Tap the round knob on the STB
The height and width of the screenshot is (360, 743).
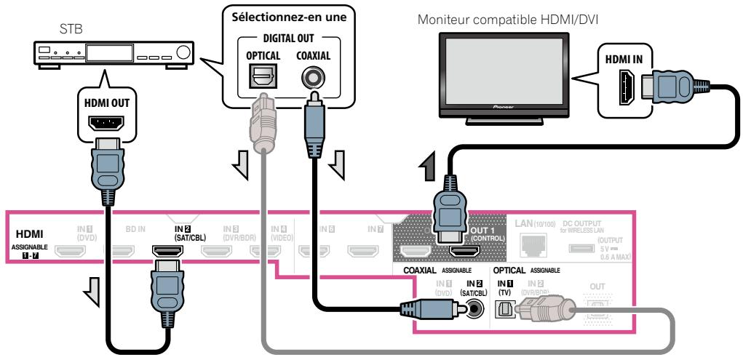tap(183, 52)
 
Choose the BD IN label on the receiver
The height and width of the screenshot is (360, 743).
tap(136, 228)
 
